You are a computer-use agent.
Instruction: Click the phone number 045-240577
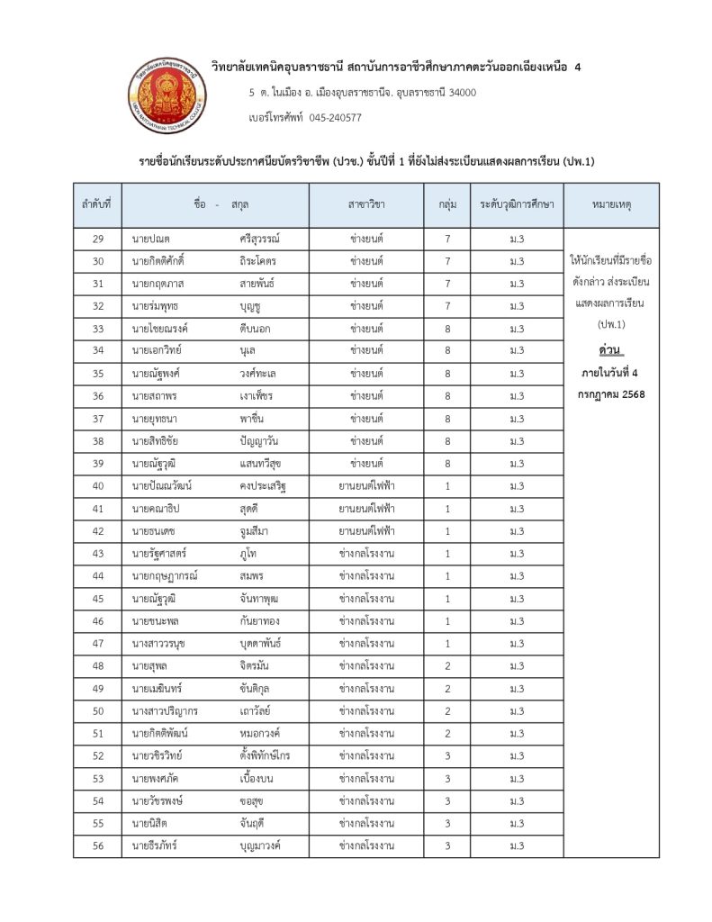tap(335, 117)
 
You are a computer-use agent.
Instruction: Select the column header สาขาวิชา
tap(366, 205)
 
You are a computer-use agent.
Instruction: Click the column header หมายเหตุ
tap(611, 205)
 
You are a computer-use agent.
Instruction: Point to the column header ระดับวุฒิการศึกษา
tap(517, 205)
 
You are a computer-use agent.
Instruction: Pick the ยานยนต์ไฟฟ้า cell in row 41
tap(366, 509)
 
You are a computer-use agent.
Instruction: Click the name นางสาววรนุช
tap(159, 644)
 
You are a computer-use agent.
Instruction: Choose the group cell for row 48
tap(447, 666)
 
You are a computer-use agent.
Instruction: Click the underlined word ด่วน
tap(611, 348)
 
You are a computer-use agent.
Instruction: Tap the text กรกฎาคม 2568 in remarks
tap(611, 393)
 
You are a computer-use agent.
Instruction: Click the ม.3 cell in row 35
tap(517, 374)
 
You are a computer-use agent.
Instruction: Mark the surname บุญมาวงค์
tap(261, 846)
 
